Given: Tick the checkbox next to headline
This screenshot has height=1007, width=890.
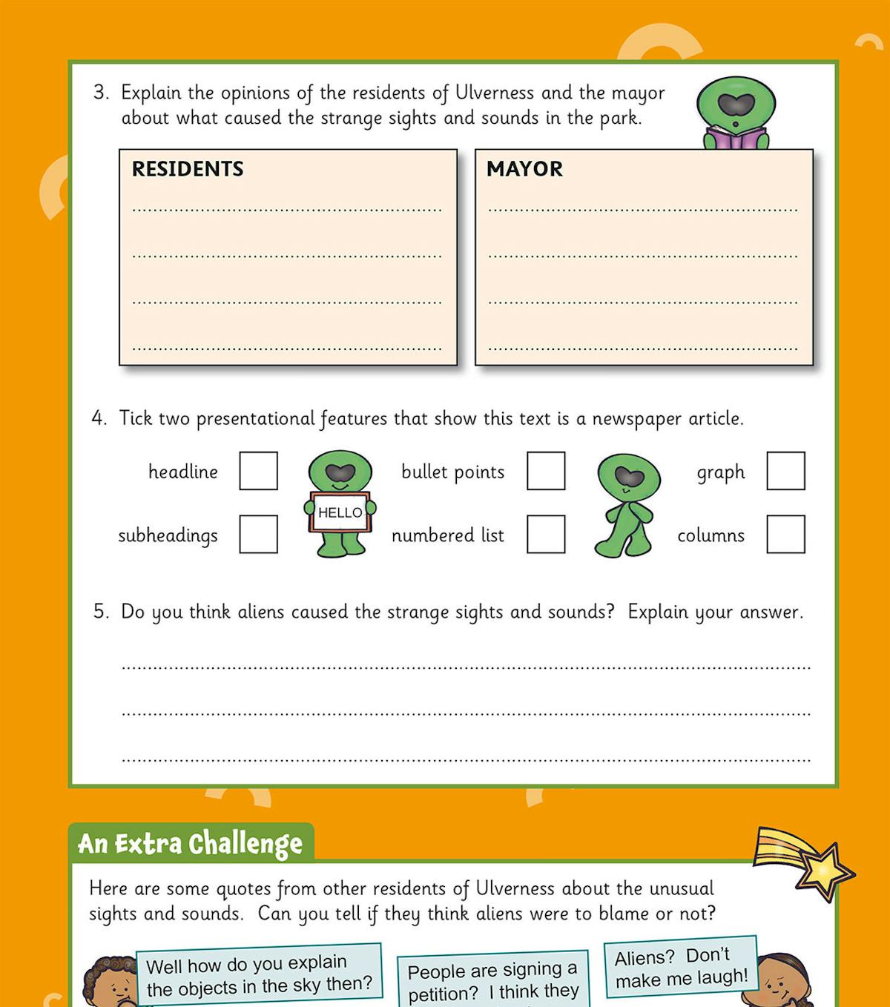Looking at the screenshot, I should (258, 471).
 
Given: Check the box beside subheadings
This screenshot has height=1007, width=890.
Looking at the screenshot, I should (258, 534).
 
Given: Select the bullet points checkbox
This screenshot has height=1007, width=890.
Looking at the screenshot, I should (546, 471).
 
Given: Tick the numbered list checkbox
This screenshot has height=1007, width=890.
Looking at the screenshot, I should (546, 534).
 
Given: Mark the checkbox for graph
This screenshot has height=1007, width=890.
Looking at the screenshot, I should (785, 471).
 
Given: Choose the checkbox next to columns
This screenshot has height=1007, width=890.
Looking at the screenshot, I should (785, 534).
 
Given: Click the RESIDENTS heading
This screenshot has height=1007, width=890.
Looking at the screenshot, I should (188, 169).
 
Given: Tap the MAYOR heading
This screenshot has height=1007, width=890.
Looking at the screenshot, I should (524, 169).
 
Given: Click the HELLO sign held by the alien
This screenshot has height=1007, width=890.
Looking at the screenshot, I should (340, 512).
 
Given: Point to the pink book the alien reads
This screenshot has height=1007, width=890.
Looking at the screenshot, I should (735, 138).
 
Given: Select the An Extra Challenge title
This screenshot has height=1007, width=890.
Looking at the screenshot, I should (191, 844).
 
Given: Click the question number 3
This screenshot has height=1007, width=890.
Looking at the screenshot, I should (100, 93).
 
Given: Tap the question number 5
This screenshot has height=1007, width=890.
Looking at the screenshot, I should (100, 612).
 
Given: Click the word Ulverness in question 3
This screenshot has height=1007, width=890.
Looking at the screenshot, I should (494, 93).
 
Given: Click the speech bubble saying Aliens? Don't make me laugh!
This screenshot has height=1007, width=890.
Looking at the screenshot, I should (681, 967).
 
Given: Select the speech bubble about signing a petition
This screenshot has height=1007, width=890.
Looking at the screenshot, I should (492, 980).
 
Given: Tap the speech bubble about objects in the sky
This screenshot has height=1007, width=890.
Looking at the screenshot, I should (259, 975).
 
